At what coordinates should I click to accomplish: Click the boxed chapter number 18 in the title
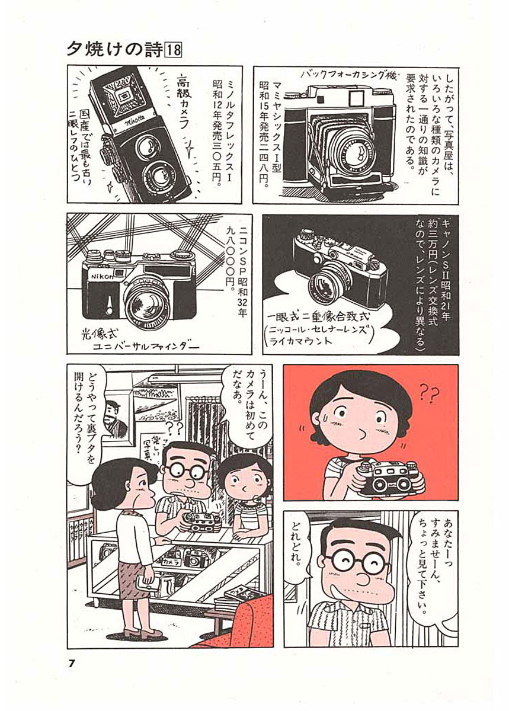(x=174, y=50)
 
